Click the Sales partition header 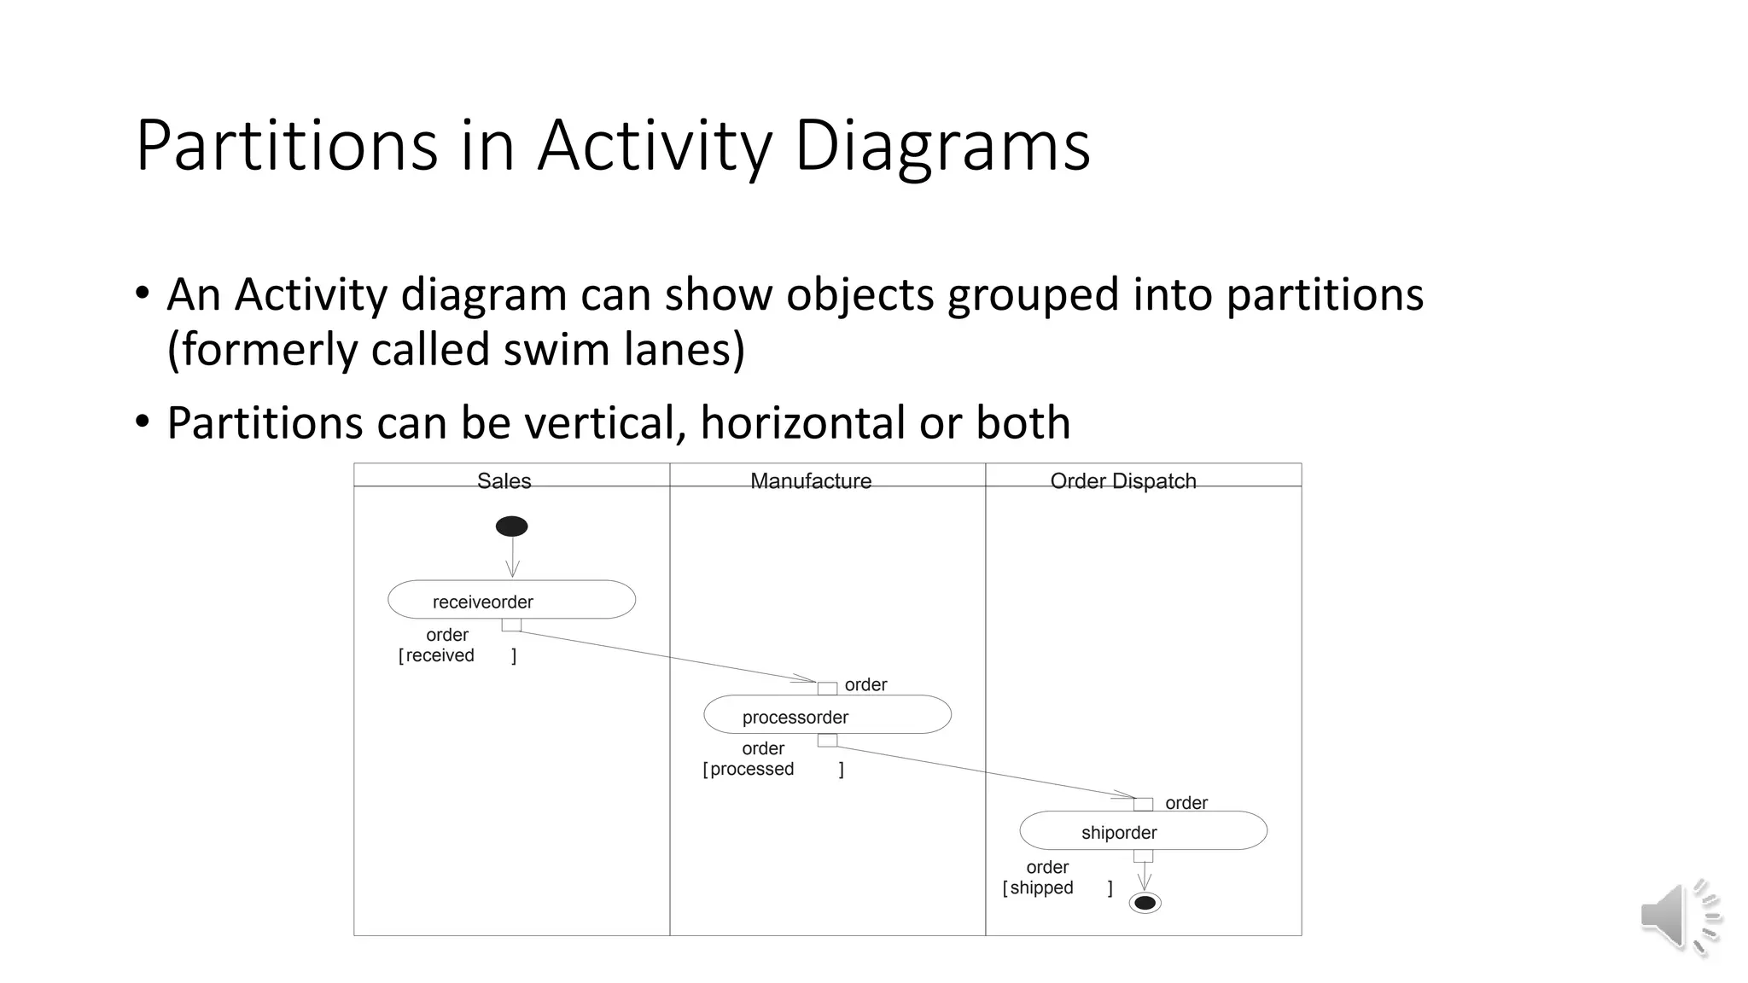(x=504, y=481)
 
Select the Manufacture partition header (x=811, y=481)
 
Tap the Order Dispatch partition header (x=1123, y=481)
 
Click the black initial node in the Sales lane (x=511, y=526)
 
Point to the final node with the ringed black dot (x=1145, y=903)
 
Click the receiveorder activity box (x=511, y=600)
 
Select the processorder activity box (x=827, y=715)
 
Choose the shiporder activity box (x=1143, y=830)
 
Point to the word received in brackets (x=440, y=656)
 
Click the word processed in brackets (x=752, y=770)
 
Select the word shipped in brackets (x=1041, y=888)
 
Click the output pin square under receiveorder (x=511, y=625)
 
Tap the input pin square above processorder (x=827, y=689)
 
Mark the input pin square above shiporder (x=1143, y=804)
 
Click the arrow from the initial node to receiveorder (x=512, y=556)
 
